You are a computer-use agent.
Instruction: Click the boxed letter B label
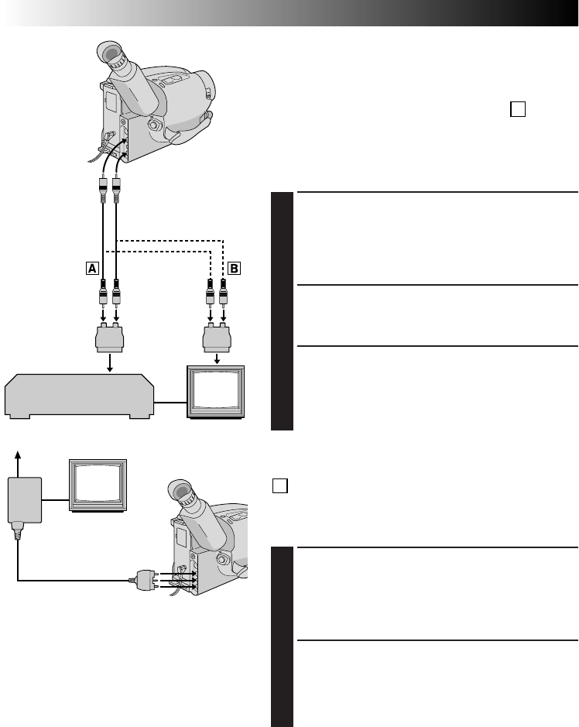coord(235,269)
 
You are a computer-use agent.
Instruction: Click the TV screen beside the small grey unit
coord(98,484)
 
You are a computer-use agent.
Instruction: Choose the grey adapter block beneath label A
coord(109,338)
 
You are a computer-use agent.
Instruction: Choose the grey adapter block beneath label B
coord(216,338)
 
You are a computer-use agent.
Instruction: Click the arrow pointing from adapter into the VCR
coord(110,364)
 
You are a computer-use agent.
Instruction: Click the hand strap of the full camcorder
coord(190,128)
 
